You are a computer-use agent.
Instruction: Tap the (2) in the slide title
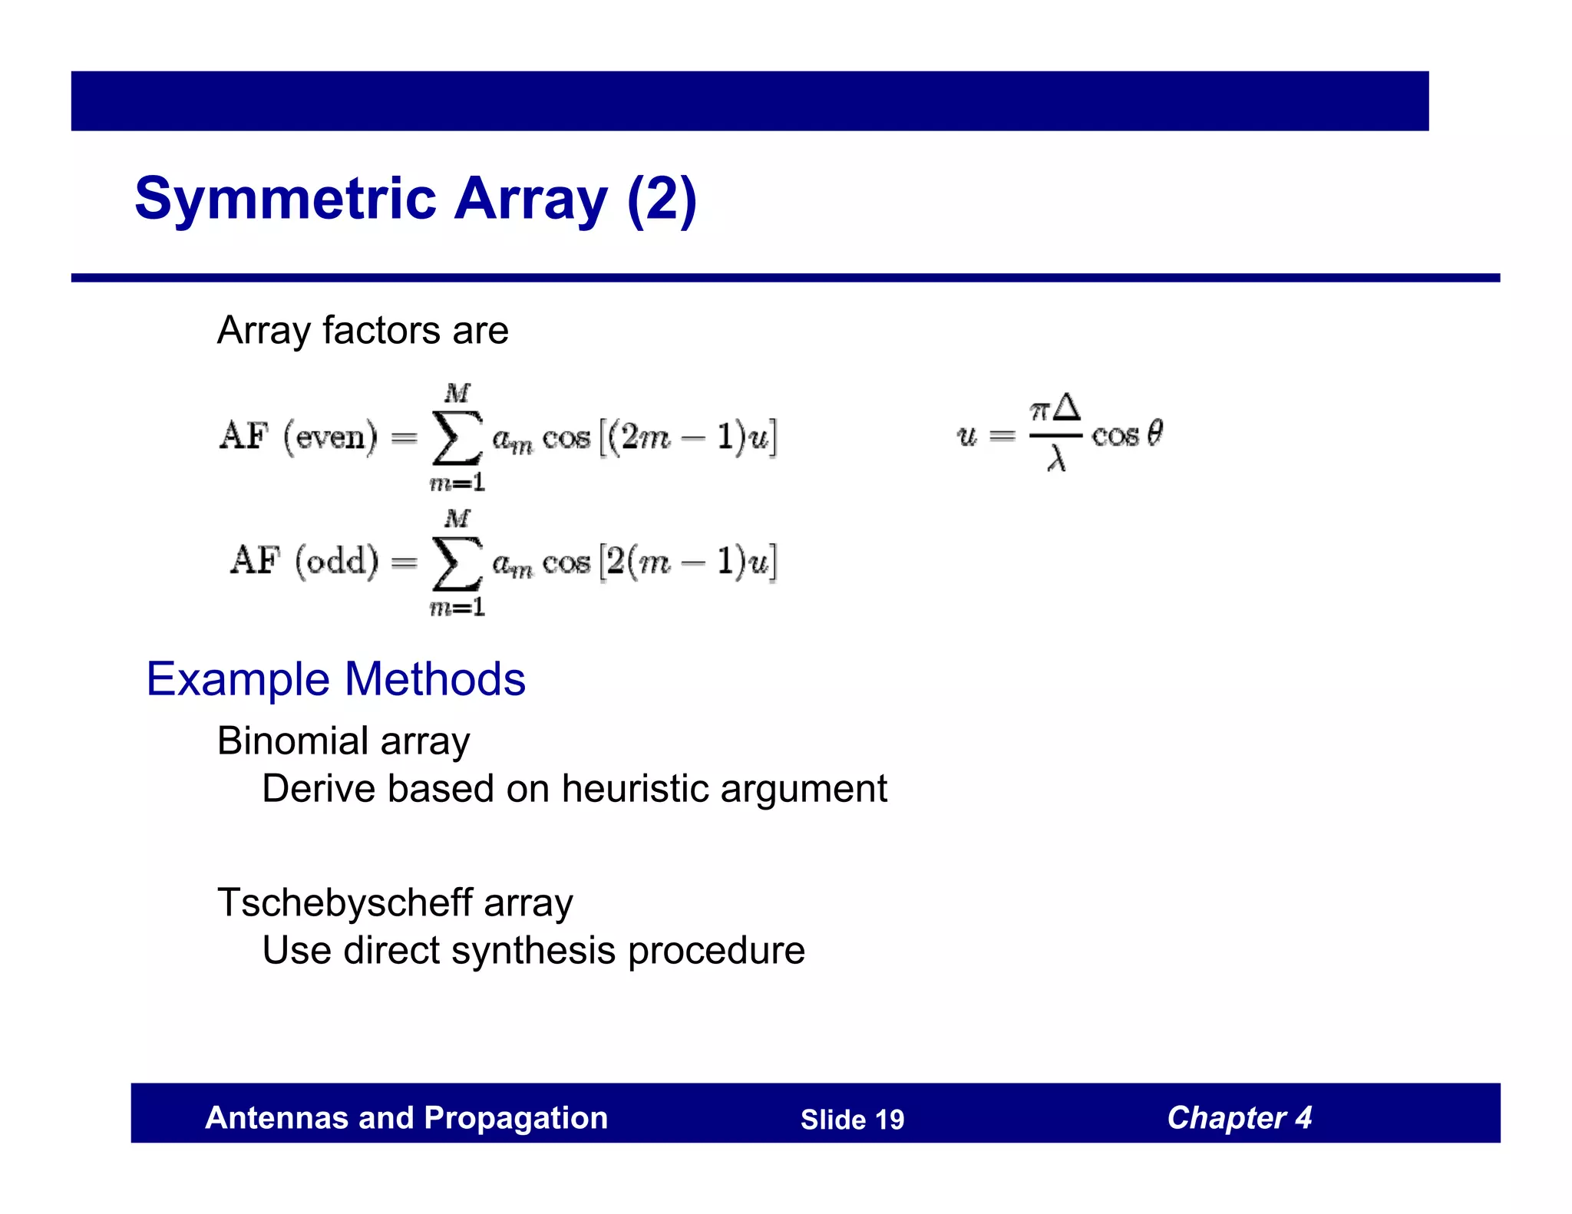pos(662,200)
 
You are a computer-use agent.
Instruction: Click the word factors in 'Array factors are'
pos(381,331)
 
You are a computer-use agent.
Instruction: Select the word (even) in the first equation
pos(331,437)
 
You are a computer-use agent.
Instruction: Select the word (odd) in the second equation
pos(337,562)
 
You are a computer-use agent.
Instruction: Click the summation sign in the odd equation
pos(457,563)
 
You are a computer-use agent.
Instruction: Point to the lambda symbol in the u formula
pos(1057,459)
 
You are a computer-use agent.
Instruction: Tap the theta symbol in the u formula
pos(1154,434)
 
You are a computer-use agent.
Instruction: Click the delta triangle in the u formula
pos(1067,407)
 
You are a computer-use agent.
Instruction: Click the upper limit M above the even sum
pos(457,394)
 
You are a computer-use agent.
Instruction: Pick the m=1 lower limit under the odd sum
pos(457,608)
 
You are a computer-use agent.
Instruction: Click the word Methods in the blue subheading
pos(435,680)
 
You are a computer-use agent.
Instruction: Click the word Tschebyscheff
pos(345,903)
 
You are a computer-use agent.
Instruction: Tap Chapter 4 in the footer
pos(1239,1118)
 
